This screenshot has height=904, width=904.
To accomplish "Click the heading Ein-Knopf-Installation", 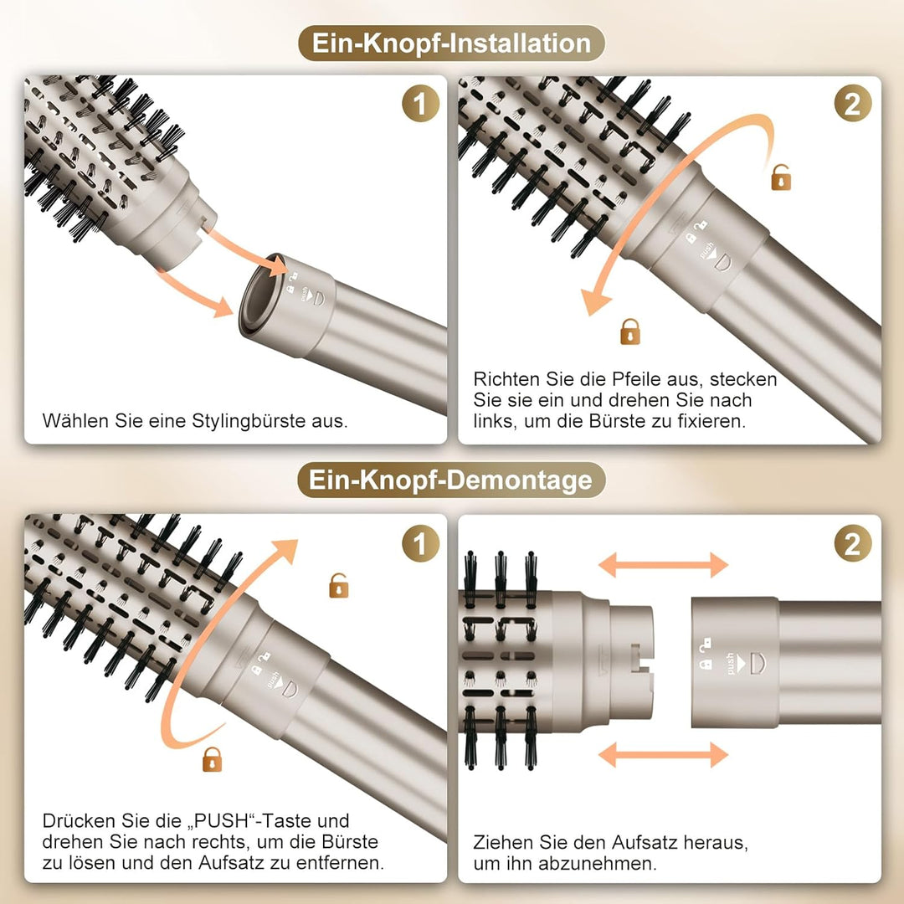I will tap(451, 44).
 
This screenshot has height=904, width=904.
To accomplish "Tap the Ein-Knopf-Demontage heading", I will tap(451, 480).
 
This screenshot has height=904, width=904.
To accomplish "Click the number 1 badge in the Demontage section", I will tap(420, 544).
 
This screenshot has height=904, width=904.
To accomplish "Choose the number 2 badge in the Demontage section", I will tap(852, 544).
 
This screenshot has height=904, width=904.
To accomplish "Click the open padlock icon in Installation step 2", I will tap(781, 177).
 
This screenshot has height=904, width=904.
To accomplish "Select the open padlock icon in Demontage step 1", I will tap(339, 585).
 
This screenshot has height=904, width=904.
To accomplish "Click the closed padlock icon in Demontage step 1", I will tap(213, 759).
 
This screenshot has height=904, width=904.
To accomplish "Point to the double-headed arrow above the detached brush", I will tap(663, 566).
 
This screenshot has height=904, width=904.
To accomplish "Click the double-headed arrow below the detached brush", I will tap(663, 753).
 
